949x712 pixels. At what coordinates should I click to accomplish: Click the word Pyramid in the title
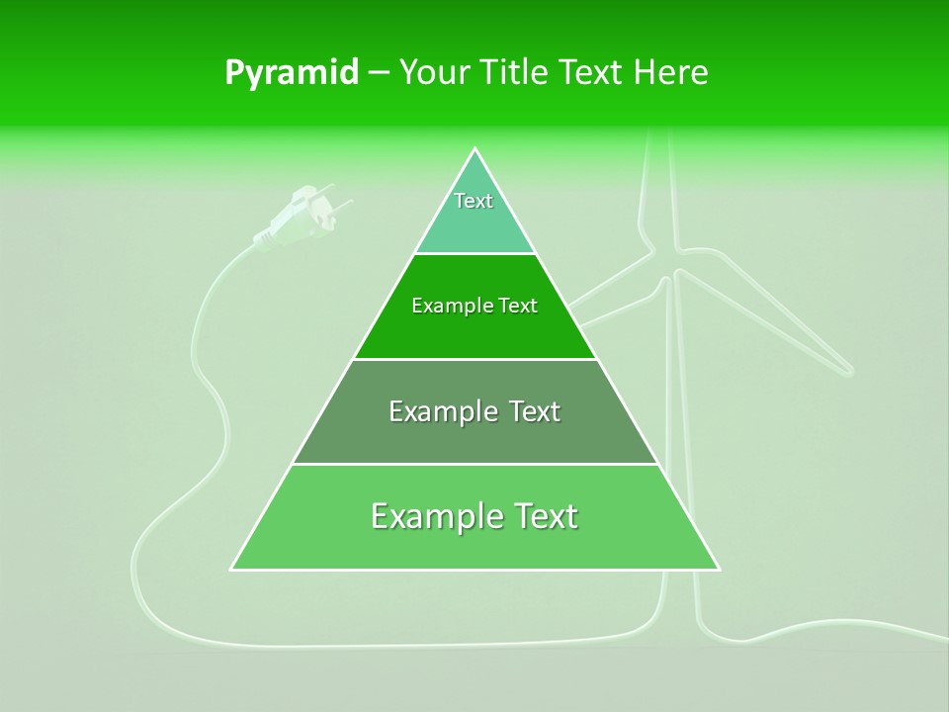(x=291, y=73)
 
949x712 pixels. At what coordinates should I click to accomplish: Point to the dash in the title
(x=378, y=73)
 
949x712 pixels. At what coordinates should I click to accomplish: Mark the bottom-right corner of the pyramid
(x=719, y=569)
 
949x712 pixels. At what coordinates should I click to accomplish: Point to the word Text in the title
(x=595, y=73)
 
